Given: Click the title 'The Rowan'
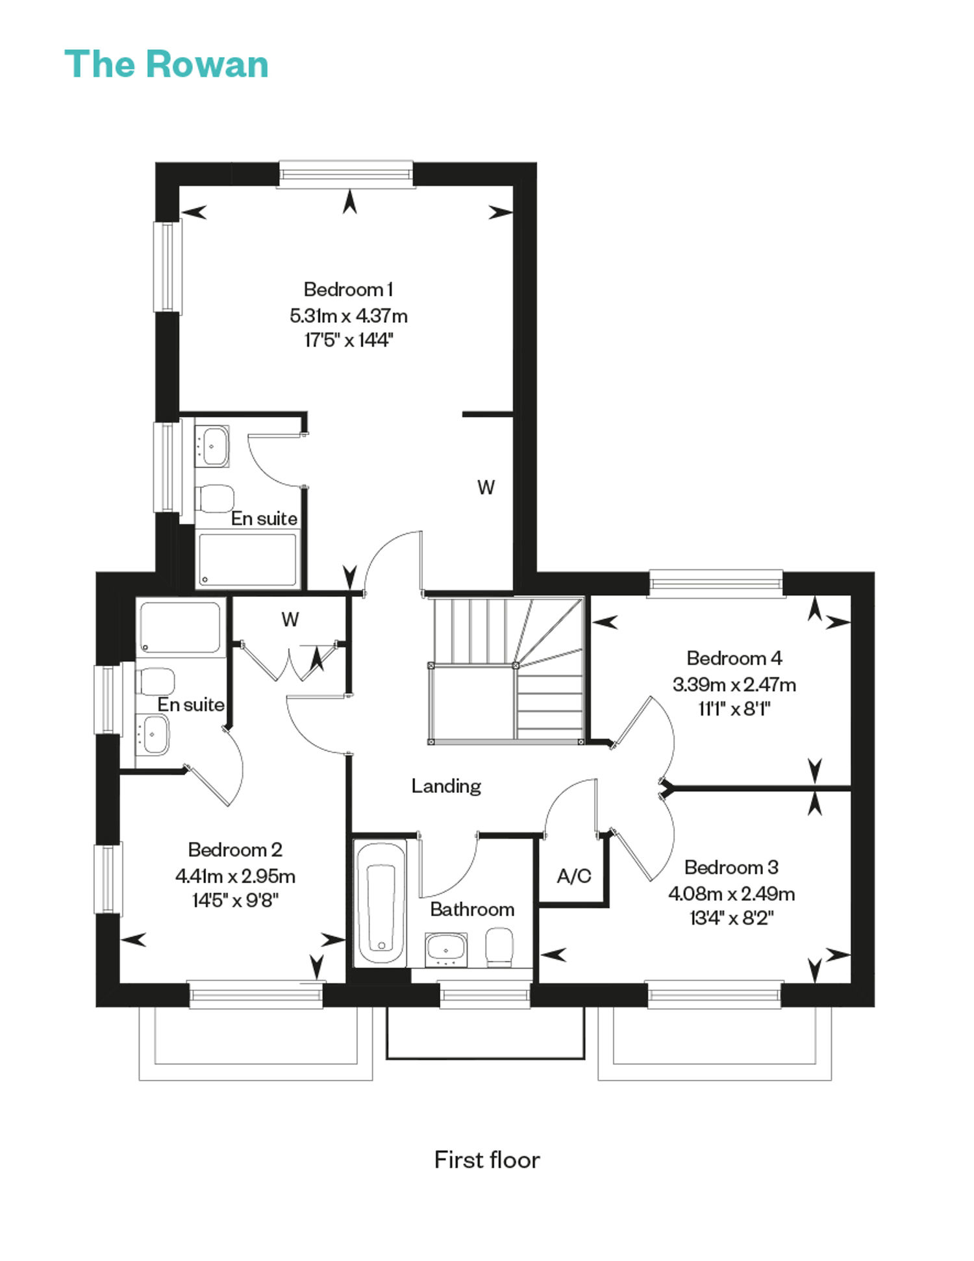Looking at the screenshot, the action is click(x=166, y=64).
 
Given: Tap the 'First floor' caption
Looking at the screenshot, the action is click(x=487, y=1160).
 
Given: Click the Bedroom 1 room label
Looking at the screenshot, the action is click(x=349, y=289).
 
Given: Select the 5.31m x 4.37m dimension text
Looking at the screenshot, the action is click(x=349, y=316).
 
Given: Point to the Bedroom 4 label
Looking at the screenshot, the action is click(x=734, y=658).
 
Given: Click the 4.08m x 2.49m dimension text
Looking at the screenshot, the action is click(x=732, y=893).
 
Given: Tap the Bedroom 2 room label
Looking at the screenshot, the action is click(x=235, y=849).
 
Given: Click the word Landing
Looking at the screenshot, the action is click(x=446, y=786).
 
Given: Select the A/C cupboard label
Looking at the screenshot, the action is click(x=574, y=876).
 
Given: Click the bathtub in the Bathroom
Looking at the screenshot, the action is click(x=381, y=903).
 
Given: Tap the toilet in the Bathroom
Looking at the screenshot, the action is click(x=499, y=946).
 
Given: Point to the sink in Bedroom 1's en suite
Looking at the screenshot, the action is click(x=212, y=446).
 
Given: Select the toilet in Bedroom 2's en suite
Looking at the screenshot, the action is click(x=155, y=682).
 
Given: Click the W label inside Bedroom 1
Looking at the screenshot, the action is click(x=486, y=487).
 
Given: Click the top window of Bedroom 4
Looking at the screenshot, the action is click(x=716, y=582).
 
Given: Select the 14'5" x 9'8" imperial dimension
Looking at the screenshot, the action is click(x=235, y=900).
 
